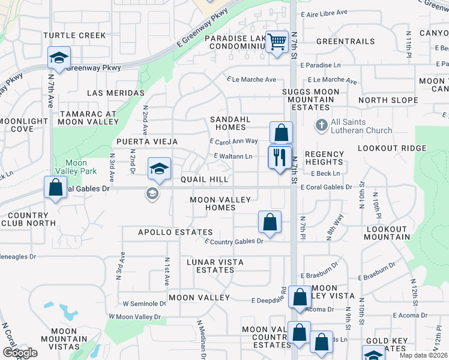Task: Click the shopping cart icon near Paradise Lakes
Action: [277, 43]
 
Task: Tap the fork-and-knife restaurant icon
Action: [280, 158]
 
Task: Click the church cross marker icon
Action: [321, 126]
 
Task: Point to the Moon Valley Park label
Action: [76, 167]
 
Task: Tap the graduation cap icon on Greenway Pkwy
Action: [59, 58]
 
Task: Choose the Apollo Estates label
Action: [175, 232]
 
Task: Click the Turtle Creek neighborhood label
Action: [74, 35]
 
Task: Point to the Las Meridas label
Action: [116, 93]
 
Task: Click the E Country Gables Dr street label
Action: [234, 241]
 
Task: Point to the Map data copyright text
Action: [423, 355]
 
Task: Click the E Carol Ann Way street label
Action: [234, 141]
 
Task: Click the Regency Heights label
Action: [324, 158]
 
